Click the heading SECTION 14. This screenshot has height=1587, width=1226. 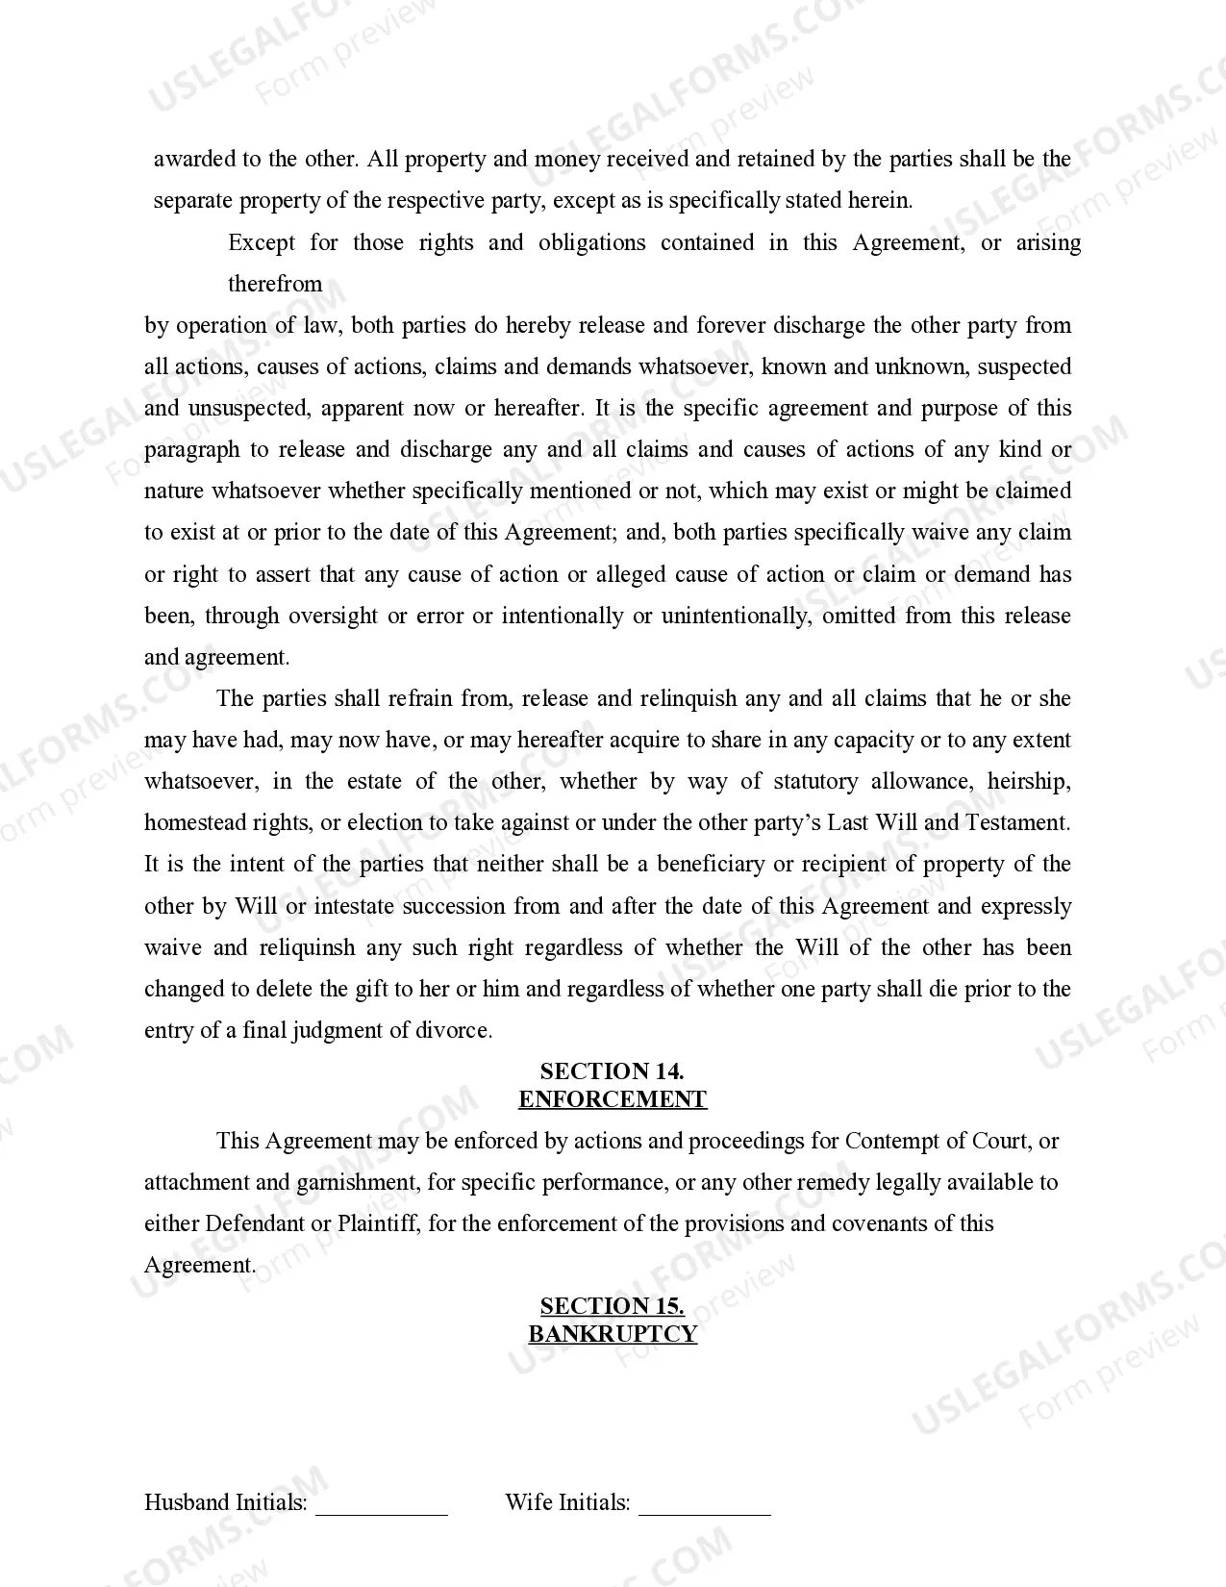612,1071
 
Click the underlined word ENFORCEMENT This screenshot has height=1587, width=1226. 613,1099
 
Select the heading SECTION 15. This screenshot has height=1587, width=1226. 612,1306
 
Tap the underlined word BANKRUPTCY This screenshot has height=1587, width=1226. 613,1334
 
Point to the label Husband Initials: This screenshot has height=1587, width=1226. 226,1502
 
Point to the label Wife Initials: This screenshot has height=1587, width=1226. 567,1502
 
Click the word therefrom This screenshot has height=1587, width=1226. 275,284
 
